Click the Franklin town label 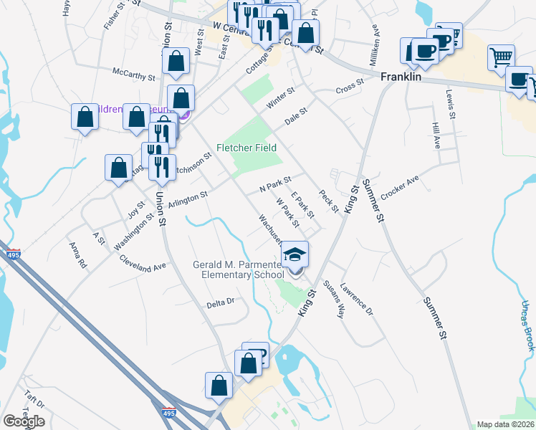pyautogui.click(x=399, y=75)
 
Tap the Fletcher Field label pyautogui.click(x=246, y=147)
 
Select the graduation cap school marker pyautogui.click(x=295, y=255)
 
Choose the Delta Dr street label pyautogui.click(x=221, y=302)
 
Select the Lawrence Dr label pyautogui.click(x=357, y=299)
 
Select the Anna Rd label pyautogui.click(x=77, y=254)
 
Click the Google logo pyautogui.click(x=24, y=421)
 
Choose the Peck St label pyautogui.click(x=329, y=201)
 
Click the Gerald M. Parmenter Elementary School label pyautogui.click(x=239, y=269)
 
